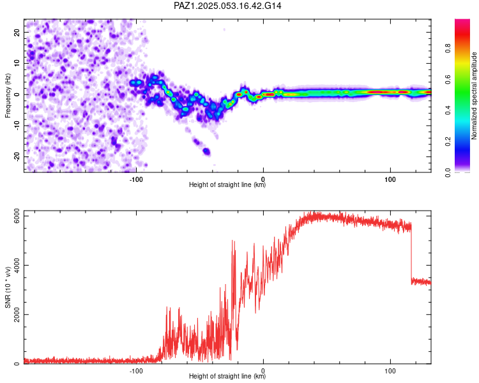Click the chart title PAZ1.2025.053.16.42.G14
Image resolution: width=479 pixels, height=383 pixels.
tap(227, 6)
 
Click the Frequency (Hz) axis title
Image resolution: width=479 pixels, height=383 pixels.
tap(8, 96)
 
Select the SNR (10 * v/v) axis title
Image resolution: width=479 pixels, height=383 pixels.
tap(8, 287)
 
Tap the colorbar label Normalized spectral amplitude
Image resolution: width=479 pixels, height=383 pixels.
tap(474, 96)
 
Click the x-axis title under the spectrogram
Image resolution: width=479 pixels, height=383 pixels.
tap(227, 184)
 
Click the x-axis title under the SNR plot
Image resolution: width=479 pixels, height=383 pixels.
tap(227, 376)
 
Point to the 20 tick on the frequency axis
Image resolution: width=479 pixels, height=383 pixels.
tap(17, 33)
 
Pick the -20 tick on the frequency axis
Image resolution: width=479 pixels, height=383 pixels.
tap(17, 156)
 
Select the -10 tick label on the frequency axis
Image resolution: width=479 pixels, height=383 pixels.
tap(17, 126)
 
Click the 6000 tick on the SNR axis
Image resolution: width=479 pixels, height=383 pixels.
tap(17, 216)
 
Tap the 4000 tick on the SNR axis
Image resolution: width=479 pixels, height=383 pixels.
tap(17, 265)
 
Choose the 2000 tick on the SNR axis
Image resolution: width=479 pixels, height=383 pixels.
tap(17, 314)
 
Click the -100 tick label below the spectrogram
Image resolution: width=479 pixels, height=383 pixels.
tap(136, 179)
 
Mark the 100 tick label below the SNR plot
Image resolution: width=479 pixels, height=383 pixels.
tap(390, 371)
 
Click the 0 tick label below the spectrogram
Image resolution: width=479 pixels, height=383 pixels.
tap(263, 179)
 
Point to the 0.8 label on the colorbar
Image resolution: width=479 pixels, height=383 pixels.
tap(448, 49)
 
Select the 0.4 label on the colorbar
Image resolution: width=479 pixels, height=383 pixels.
tap(448, 110)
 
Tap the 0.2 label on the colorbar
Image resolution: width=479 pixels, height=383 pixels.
tap(448, 142)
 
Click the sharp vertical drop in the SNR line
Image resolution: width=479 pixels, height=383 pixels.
tap(411, 253)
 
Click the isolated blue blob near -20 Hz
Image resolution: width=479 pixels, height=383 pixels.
tap(207, 151)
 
